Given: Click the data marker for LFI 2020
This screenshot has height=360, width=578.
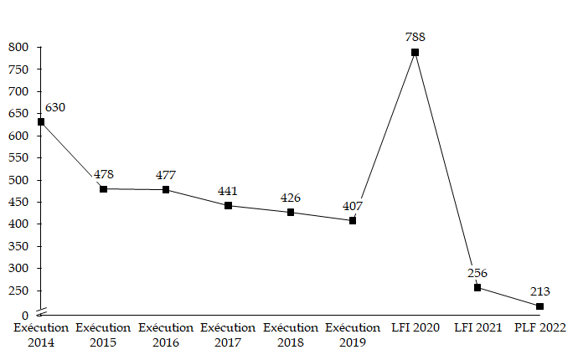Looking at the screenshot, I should point(415,53).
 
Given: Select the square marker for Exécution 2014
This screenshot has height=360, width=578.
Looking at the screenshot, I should point(41,122).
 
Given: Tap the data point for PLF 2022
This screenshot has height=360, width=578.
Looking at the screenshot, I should point(539,306).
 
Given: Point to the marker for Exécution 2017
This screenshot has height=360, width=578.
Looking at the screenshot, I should point(228,206).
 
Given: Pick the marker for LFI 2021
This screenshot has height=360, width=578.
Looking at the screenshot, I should point(477,287).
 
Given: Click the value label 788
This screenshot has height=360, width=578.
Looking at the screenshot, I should point(415,37).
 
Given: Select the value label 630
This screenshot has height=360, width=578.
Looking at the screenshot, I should point(55,108).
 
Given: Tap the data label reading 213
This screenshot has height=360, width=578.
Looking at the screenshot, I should point(540,291).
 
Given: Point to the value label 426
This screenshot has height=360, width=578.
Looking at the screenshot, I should point(291,198).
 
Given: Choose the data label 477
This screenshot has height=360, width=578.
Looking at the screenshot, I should point(166,175).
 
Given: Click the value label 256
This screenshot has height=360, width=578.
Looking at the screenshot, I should point(477,273).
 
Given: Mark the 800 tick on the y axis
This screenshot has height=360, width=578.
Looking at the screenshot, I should point(18,48).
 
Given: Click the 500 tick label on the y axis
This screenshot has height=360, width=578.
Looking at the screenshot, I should point(18,180).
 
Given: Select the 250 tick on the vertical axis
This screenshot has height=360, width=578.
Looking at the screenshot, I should point(18,291).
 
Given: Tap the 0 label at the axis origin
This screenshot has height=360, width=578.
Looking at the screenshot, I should point(26,315).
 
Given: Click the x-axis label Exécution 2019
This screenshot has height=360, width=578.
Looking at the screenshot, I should point(353,335).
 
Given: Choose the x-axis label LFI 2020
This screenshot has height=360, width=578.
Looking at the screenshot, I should point(415,328).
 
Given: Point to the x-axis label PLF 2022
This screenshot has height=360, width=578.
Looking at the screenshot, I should point(540,328).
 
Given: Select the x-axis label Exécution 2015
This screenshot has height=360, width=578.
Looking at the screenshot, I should point(103,335).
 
